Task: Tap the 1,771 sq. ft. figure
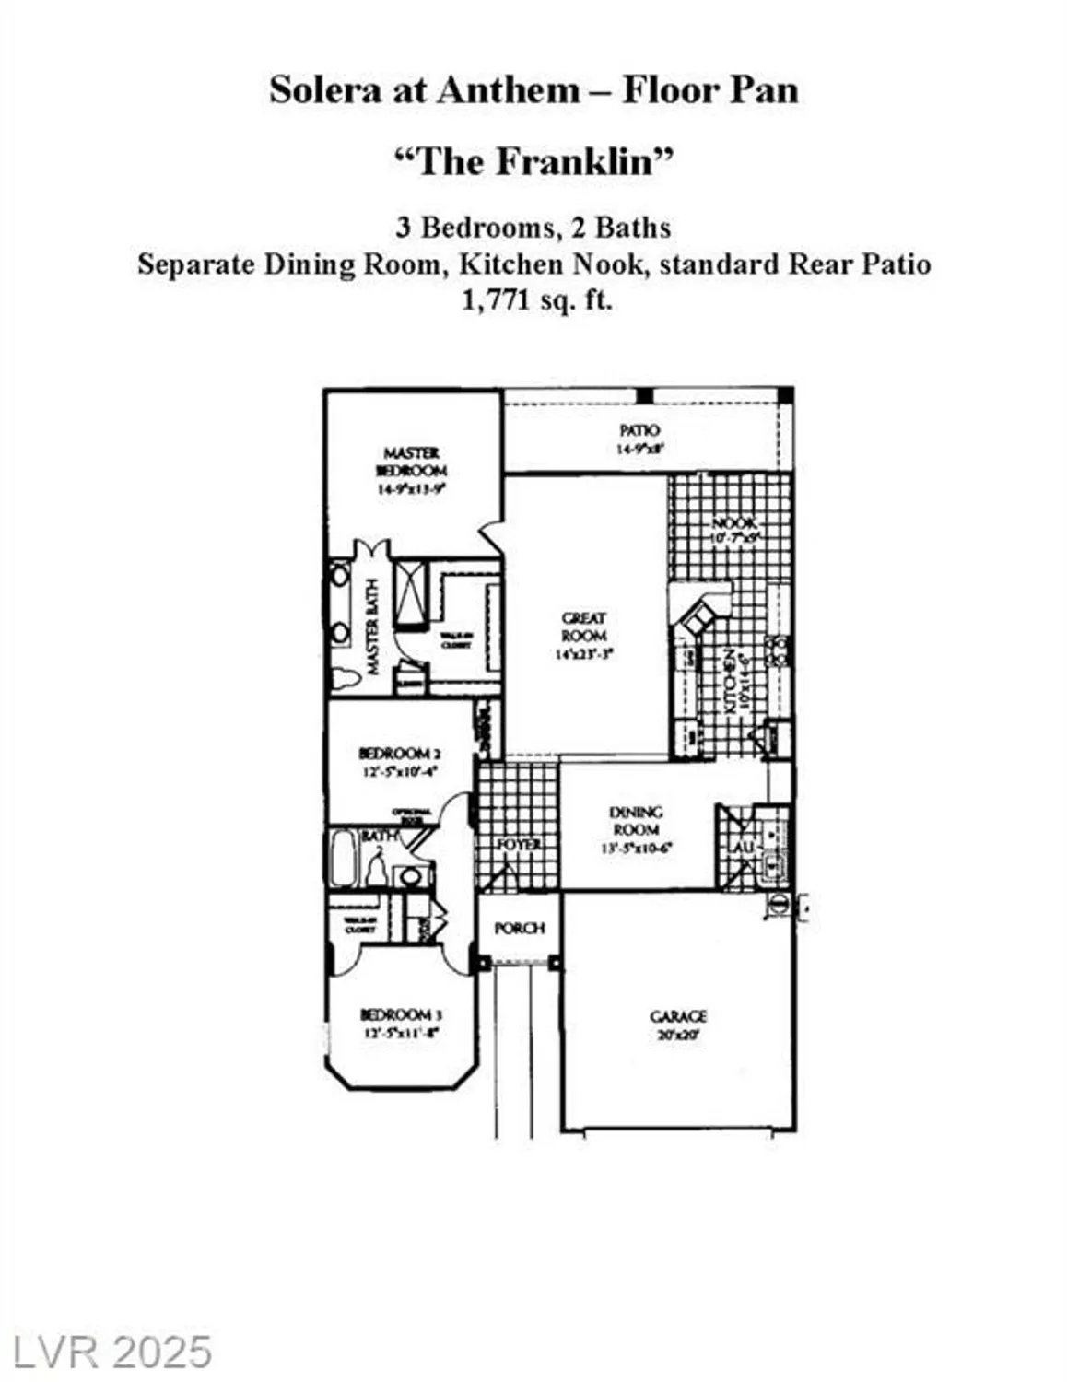[x=536, y=299]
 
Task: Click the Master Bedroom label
[x=411, y=461]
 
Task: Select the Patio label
[x=639, y=430]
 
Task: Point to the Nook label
[x=733, y=523]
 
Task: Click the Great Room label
[x=584, y=627]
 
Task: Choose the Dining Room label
[x=636, y=820]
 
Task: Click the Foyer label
[x=519, y=844]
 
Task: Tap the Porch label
[x=520, y=928]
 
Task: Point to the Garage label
[x=678, y=1015]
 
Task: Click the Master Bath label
[x=373, y=627]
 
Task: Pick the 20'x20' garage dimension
[x=678, y=1034]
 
